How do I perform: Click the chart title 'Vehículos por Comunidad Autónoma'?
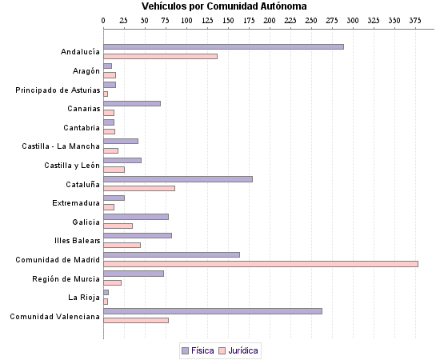[x=224, y=6]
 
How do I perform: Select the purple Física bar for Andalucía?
[x=223, y=47]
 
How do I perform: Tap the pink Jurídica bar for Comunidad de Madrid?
[x=261, y=264]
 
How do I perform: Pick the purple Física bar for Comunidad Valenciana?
[x=213, y=311]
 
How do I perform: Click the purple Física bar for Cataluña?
[x=178, y=179]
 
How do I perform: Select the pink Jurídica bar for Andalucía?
[x=160, y=57]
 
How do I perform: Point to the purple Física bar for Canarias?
[x=132, y=104]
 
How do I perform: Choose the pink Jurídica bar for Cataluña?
[x=139, y=188]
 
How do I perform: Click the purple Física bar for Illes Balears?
[x=138, y=235]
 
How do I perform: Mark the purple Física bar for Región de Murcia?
[x=134, y=274]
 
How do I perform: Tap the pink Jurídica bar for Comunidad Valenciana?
[x=136, y=321]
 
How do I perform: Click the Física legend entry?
[x=198, y=350]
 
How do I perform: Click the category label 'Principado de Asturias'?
[x=58, y=90]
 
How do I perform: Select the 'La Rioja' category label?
[x=84, y=298]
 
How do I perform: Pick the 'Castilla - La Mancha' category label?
[x=61, y=146]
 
